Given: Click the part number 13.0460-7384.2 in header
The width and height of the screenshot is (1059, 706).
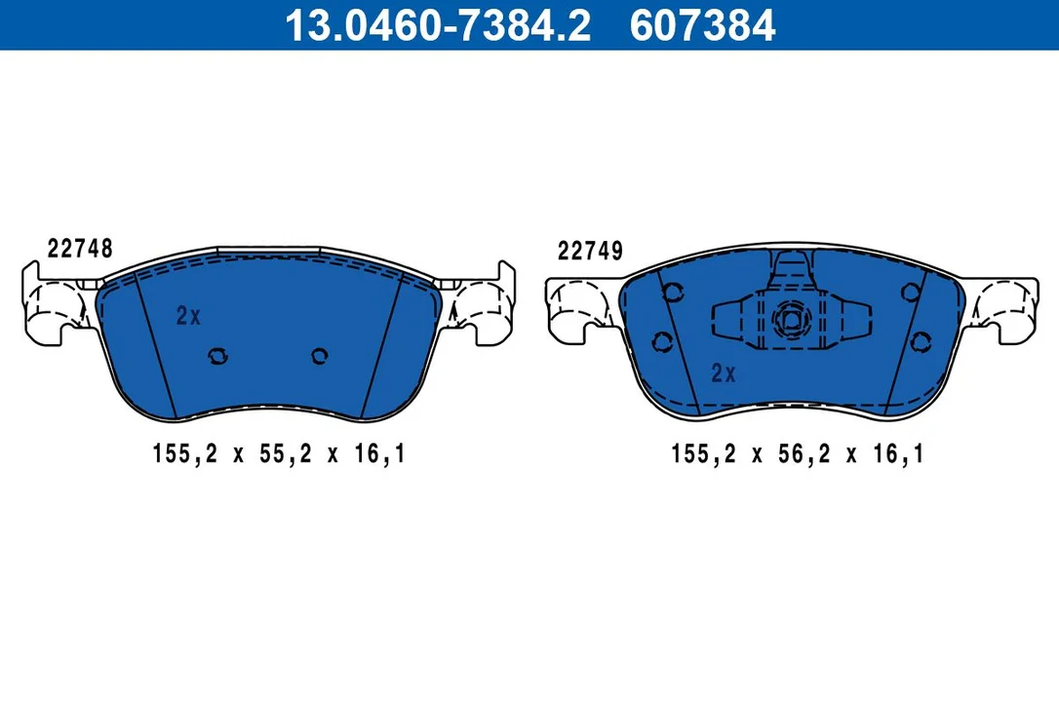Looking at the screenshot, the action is tap(438, 25).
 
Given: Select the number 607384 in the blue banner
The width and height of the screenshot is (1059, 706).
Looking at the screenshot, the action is tap(702, 25).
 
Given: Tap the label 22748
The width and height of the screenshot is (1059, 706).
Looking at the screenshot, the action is tap(80, 249).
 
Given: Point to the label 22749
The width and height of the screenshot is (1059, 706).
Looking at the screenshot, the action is tap(590, 252).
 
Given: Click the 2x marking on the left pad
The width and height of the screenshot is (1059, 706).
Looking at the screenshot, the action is tap(188, 316).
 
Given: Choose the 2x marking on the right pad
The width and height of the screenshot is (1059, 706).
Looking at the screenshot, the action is tap(724, 373).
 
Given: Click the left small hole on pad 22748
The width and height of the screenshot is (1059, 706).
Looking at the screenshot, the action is tap(218, 355).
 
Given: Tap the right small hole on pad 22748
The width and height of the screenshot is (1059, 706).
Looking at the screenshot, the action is tap(320, 355).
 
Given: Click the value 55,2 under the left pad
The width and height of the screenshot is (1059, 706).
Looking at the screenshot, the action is tap(286, 454).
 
